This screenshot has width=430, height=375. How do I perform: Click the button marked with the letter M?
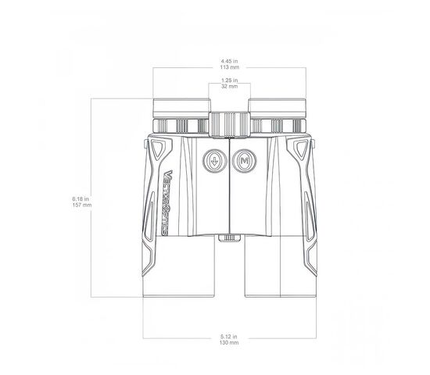245,161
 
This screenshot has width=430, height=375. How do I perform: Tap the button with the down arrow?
215,161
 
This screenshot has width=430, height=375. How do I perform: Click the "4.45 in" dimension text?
230,61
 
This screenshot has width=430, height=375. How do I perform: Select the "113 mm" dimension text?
230,67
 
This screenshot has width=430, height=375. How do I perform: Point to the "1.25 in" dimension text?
230,80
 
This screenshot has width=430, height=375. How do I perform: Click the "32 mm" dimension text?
230,87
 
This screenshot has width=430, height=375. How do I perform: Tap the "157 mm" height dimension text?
82,205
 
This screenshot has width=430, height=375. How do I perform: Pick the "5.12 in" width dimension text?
229,337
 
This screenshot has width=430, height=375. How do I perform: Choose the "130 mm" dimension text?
229,342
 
